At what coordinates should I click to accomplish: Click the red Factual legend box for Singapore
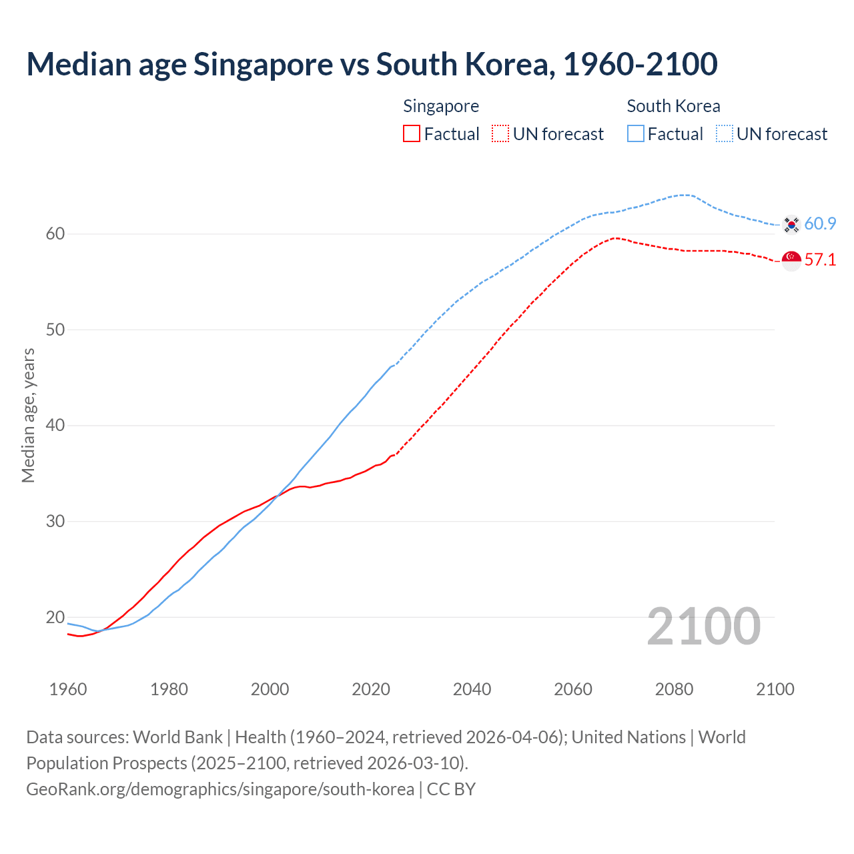point(412,133)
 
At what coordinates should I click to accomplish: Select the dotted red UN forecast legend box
point(500,133)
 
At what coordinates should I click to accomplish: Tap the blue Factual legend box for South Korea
point(636,133)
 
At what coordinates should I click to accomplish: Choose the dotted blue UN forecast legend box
point(725,133)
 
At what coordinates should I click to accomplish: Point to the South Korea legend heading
point(673,106)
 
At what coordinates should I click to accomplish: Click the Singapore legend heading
point(441,106)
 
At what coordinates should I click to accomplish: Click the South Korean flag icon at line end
point(791,224)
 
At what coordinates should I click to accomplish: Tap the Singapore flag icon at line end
point(791,260)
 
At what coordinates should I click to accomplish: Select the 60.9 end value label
point(820,224)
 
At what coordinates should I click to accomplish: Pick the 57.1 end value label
point(820,260)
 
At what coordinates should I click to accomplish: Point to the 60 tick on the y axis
point(55,234)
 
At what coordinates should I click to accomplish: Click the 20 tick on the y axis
point(55,617)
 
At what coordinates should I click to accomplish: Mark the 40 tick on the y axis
point(55,425)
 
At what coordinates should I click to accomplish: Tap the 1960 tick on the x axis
point(68,689)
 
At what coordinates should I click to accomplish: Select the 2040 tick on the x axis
point(472,689)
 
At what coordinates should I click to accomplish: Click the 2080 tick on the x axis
point(674,689)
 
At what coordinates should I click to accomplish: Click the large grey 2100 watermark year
point(703,626)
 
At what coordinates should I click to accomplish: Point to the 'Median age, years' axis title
point(28,415)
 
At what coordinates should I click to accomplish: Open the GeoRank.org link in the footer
point(220,789)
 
